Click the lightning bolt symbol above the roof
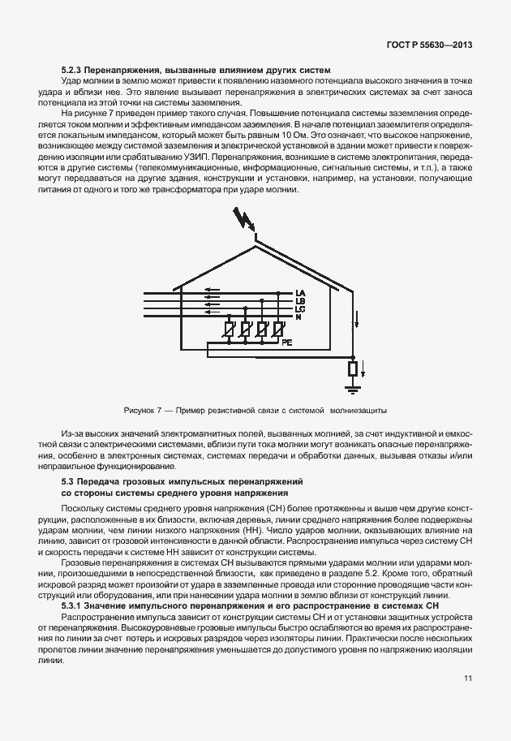pyautogui.click(x=242, y=221)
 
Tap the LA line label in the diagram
pyautogui.click(x=300, y=293)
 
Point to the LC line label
pyautogui.click(x=300, y=309)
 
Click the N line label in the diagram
pyautogui.click(x=298, y=317)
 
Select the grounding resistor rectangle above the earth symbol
pyautogui.click(x=353, y=370)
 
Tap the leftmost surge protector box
pyautogui.click(x=229, y=330)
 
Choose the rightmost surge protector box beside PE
pyautogui.click(x=277, y=330)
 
